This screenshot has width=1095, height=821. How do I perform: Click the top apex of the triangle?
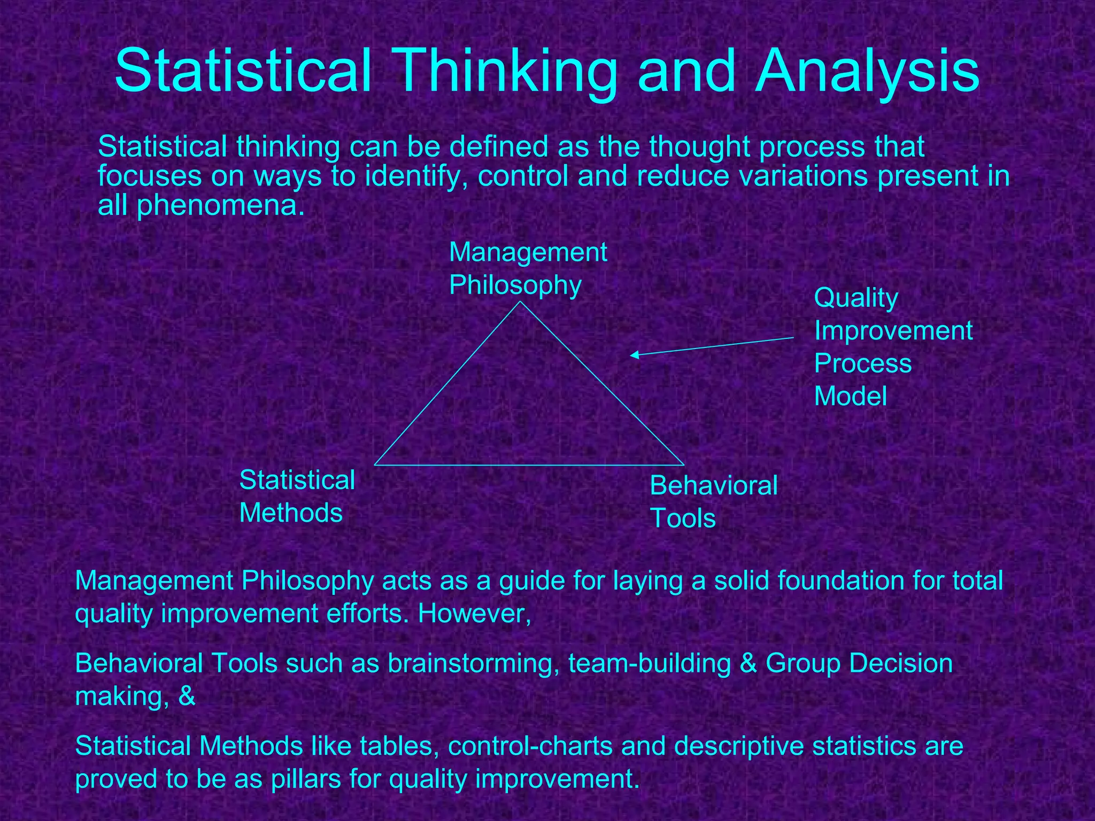click(x=521, y=303)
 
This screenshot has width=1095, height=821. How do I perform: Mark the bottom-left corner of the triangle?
click(x=375, y=465)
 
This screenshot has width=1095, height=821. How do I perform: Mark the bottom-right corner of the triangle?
click(x=684, y=465)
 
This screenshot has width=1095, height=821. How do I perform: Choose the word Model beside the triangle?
click(x=850, y=397)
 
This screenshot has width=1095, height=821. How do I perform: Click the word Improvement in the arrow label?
click(x=893, y=331)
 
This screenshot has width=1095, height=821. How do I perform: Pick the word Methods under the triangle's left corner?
click(x=291, y=513)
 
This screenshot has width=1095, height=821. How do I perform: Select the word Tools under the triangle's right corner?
click(x=682, y=518)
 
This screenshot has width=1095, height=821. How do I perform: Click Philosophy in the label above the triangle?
click(x=515, y=285)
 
